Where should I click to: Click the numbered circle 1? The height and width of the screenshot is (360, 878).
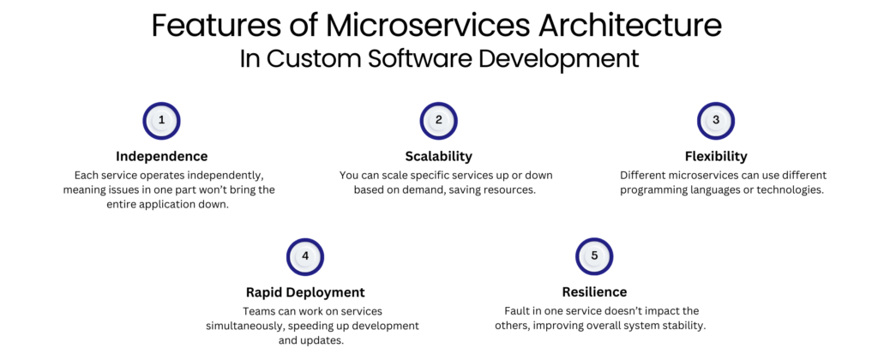coord(161,121)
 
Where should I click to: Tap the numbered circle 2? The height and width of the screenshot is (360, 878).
coord(439,121)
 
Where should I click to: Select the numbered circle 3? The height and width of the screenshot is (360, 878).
coord(716,121)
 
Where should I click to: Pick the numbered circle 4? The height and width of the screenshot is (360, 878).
coord(306,256)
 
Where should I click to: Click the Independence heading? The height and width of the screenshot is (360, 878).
coord(161,156)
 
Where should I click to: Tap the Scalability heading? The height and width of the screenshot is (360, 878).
coord(439,156)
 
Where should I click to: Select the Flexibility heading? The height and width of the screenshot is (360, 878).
coord(716,156)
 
